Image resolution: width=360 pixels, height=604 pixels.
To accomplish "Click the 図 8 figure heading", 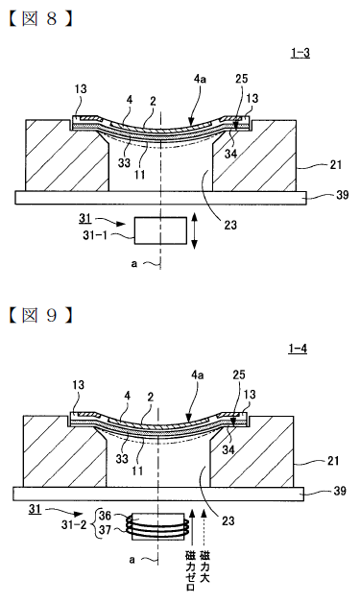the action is [40, 19].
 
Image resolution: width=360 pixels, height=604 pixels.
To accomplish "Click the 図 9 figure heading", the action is [40, 315].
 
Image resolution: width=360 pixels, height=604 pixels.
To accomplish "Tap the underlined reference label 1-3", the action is [300, 53].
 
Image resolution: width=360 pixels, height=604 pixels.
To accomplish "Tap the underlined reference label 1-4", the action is [298, 349].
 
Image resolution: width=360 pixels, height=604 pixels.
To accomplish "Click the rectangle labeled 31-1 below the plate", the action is [160, 230].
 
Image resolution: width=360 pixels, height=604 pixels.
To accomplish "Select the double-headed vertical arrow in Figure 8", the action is [194, 231].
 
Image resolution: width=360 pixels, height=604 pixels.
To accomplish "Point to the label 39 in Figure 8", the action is [342, 195].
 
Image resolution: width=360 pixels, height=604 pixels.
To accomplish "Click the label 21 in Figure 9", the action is [333, 460].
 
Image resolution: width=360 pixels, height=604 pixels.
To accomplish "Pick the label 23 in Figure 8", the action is [230, 224].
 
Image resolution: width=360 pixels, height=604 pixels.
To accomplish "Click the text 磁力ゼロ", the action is [190, 571].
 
